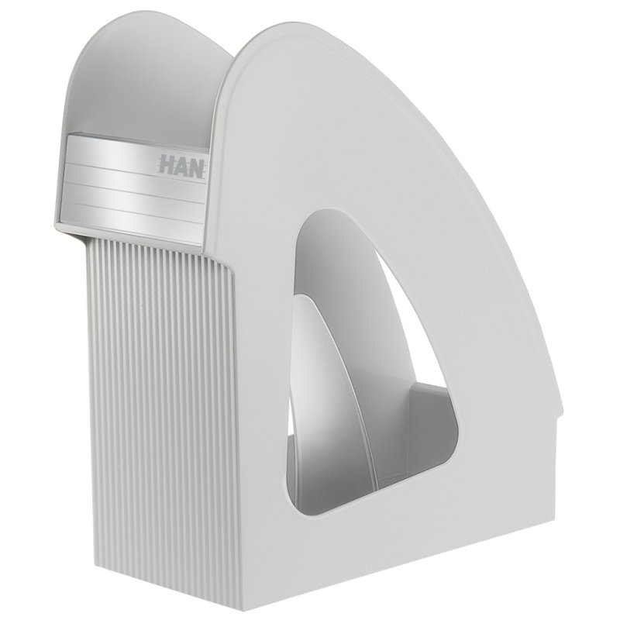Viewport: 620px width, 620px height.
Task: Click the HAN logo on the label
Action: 182,167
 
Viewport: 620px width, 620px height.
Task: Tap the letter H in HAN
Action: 167,164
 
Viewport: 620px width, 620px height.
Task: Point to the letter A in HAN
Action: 181,166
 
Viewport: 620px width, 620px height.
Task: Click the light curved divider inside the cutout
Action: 338,380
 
